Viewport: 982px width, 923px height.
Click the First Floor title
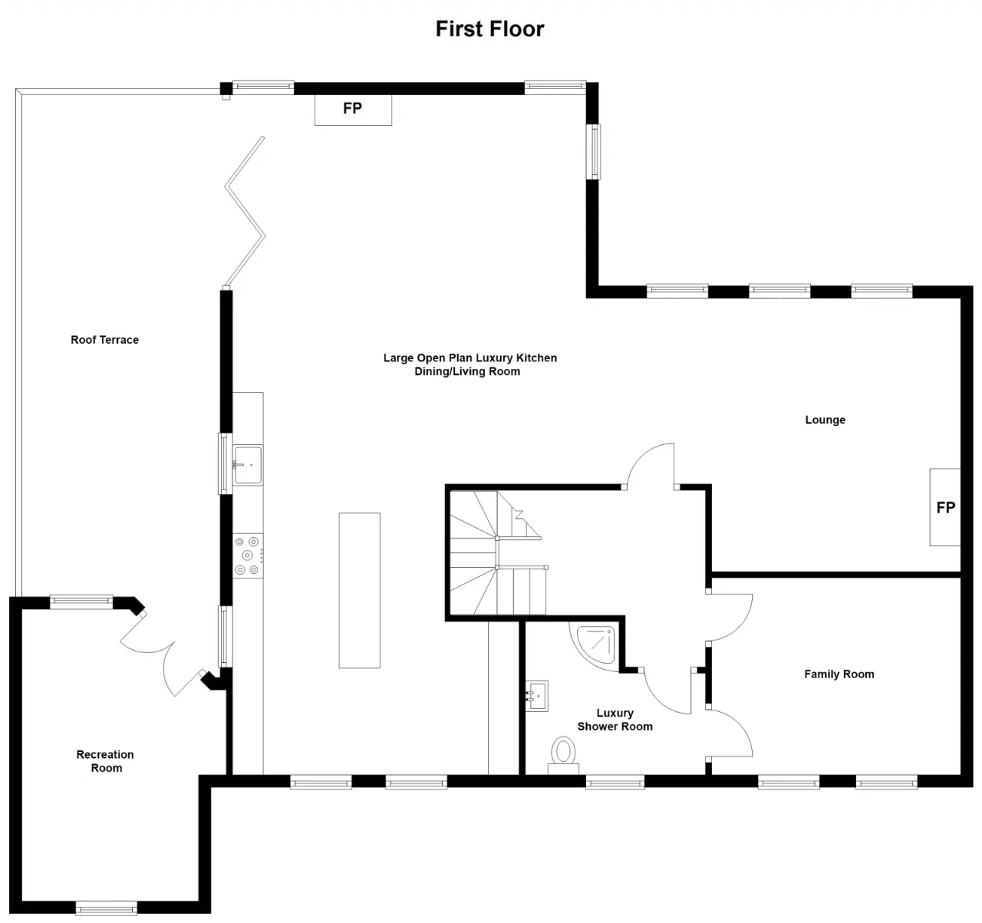point(489,28)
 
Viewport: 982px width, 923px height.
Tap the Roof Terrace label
point(105,340)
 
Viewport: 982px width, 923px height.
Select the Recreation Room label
point(105,761)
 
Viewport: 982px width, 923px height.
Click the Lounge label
point(825,420)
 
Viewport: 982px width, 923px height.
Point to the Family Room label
point(839,674)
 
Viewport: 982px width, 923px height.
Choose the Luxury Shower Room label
point(615,720)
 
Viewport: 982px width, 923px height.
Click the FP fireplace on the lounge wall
point(944,507)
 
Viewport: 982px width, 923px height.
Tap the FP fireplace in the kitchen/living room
point(353,110)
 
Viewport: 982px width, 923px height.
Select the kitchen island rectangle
point(360,591)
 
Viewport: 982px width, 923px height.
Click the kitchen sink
point(248,465)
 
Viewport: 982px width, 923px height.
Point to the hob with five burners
point(248,556)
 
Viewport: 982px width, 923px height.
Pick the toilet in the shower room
point(563,755)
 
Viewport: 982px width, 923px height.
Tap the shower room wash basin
point(537,696)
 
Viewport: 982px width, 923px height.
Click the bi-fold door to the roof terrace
point(245,213)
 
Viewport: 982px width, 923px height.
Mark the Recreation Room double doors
point(163,654)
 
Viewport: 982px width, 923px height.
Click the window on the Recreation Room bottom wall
point(107,908)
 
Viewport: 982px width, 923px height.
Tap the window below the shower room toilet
point(615,783)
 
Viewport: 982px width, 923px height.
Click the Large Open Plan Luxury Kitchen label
point(470,358)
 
